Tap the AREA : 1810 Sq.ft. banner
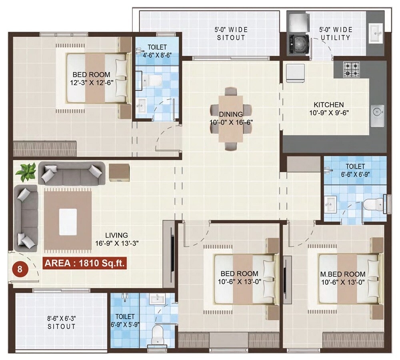pyautogui.click(x=84, y=263)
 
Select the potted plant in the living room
pyautogui.click(x=25, y=172)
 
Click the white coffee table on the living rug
pyautogui.click(x=68, y=222)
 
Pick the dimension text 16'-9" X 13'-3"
pyautogui.click(x=117, y=243)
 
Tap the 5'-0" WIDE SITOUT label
pyautogui.click(x=232, y=34)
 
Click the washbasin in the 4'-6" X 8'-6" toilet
pyautogui.click(x=141, y=106)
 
